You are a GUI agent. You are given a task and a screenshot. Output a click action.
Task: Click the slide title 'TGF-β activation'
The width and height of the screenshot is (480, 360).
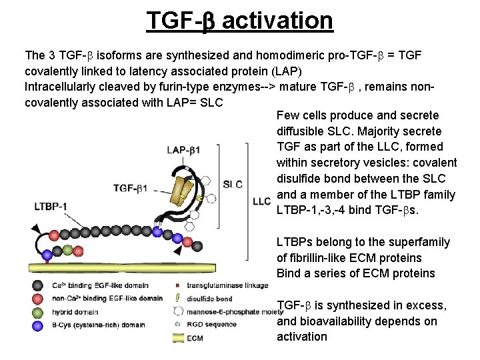coord(240,21)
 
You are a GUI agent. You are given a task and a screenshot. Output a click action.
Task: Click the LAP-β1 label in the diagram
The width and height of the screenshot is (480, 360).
coord(183,150)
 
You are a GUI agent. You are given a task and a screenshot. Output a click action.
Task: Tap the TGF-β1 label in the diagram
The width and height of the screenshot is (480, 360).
coord(130,188)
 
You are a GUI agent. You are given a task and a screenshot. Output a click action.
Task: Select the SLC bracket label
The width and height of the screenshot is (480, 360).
coord(233,184)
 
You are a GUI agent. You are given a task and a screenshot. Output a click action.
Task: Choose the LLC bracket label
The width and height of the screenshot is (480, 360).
coord(261,201)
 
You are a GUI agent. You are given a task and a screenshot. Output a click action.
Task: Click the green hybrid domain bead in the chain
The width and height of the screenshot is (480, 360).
coord(67,251)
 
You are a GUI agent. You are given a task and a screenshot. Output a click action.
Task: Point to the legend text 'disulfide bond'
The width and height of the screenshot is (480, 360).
coord(209,299)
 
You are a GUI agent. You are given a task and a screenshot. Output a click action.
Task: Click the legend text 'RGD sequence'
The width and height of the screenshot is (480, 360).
coord(211,325)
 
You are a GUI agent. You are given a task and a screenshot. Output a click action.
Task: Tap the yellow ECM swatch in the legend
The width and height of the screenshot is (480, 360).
coord(177,337)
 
